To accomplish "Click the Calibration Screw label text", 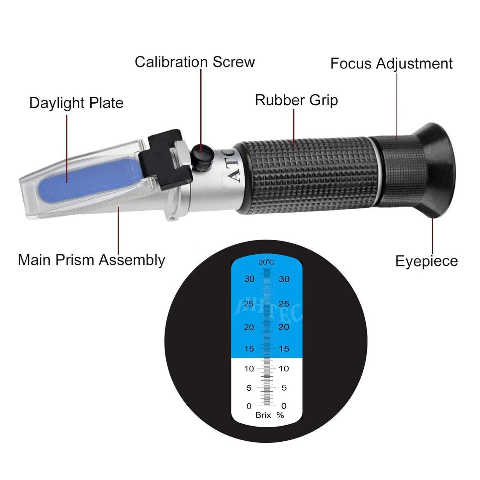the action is pos(195,62).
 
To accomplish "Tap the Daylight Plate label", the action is pos(76,103).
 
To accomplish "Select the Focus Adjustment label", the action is pos(391,63).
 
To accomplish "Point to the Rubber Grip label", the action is pos(296,100).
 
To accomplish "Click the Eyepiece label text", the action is pos(427,261).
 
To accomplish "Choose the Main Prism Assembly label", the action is pos(91,260).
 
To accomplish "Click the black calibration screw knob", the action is pos(202,158).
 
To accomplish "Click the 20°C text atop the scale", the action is pos(266,262).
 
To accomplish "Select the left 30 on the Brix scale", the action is pos(249,279).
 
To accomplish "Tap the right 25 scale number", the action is pos(284,304).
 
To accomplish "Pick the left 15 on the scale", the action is pos(249,349).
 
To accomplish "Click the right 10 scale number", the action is pos(284,368).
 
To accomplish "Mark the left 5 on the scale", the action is pos(249,388).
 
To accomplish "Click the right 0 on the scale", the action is pos(284,406).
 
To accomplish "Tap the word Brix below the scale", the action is pos(263,415).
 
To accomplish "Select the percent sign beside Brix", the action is pos(280,415).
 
